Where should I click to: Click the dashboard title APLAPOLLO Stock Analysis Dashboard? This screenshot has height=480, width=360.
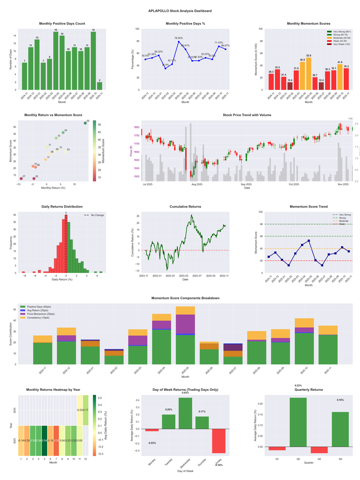[x=180, y=11]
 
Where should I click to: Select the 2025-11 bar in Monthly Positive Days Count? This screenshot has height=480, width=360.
[x=99, y=86]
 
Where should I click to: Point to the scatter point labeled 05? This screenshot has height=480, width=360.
[x=85, y=123]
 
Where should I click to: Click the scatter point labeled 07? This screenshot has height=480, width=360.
[x=21, y=179]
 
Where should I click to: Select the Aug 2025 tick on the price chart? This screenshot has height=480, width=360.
[x=197, y=184]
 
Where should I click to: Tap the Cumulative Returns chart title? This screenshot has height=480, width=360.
[x=185, y=207]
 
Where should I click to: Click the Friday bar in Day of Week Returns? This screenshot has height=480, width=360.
[x=219, y=441]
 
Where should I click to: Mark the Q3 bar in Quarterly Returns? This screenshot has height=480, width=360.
[x=319, y=450]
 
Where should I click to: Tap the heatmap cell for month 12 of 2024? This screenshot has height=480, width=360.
[x=85, y=410]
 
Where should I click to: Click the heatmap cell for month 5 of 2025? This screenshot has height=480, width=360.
[x=45, y=440]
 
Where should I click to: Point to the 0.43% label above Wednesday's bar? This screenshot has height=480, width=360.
[x=185, y=393]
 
